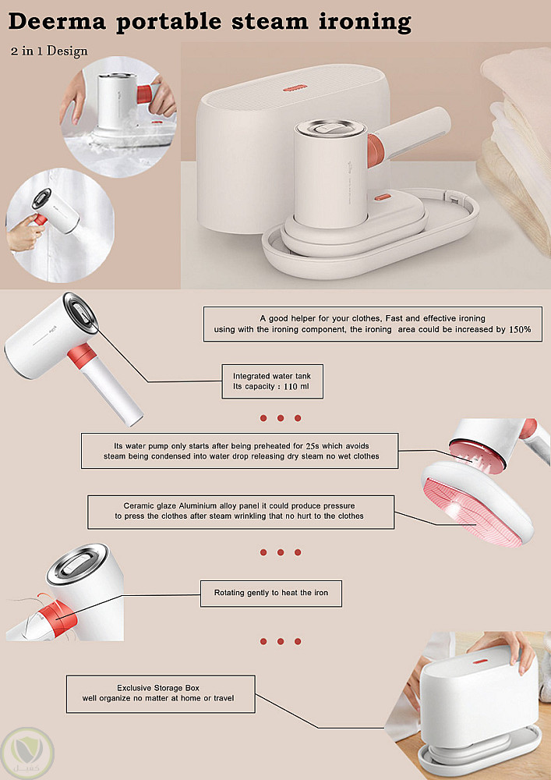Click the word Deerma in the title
tap(57, 21)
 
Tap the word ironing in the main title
tap(366, 23)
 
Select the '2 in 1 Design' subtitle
tap(48, 51)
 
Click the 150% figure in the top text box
tap(520, 329)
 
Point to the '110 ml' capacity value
tap(297, 387)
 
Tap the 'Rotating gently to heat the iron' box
tap(270, 593)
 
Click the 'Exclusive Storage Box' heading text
tap(158, 688)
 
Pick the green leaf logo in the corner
tap(26, 753)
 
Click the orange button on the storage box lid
tap(295, 88)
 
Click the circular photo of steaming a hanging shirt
tap(60, 225)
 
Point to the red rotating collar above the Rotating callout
tap(63, 617)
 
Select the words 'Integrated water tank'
tap(272, 376)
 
